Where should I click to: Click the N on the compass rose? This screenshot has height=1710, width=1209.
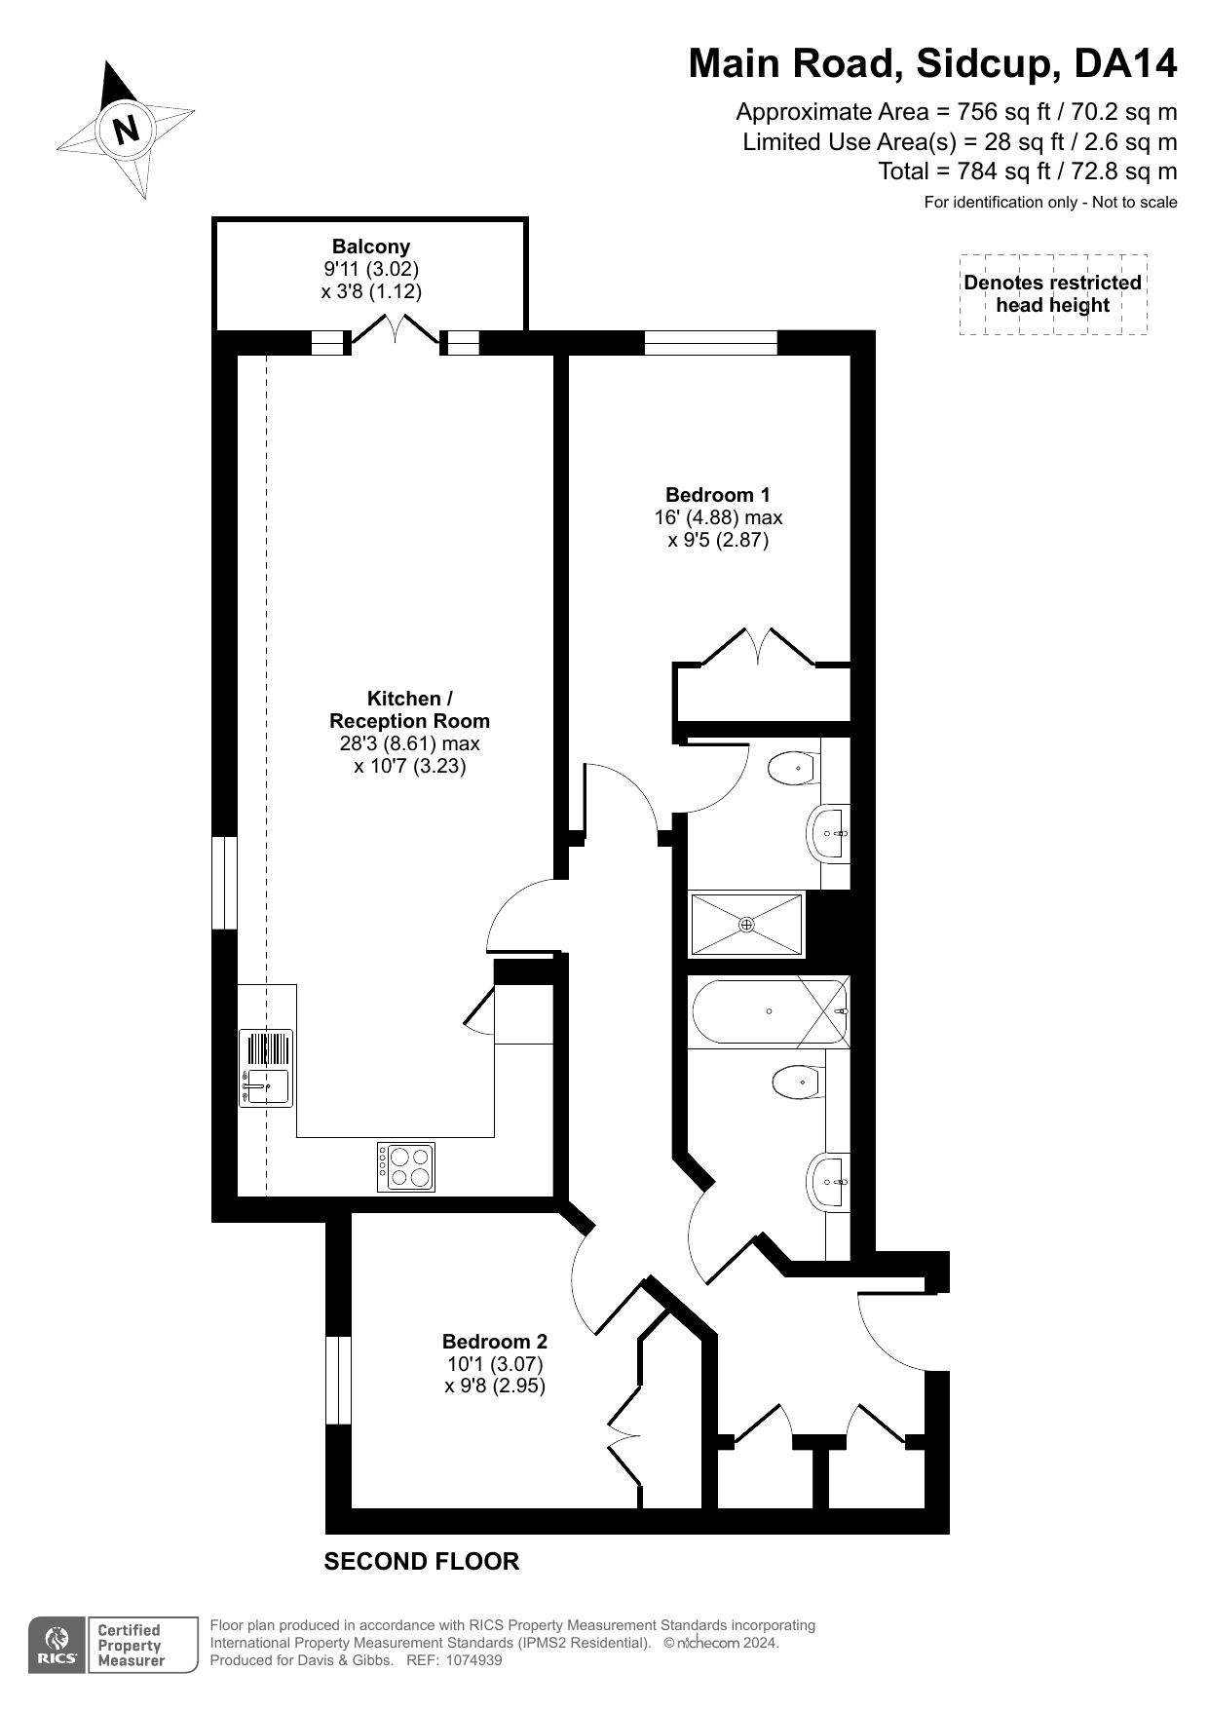[126, 130]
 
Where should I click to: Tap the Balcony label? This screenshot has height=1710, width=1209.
[371, 247]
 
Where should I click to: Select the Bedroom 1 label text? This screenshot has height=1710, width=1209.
[718, 495]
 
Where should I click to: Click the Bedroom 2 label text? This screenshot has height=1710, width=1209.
[495, 1342]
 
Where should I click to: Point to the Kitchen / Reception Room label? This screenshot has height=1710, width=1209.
[410, 710]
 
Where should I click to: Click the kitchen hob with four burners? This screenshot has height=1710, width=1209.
[406, 1166]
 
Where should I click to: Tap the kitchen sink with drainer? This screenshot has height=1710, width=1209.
[266, 1069]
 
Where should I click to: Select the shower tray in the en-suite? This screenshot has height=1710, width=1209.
[747, 924]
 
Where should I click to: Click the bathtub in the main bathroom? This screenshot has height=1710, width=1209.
[769, 1012]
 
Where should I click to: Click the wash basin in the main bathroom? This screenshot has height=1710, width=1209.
[829, 1182]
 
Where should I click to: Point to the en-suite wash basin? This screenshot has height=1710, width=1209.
[829, 834]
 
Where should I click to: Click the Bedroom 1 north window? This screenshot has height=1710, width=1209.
[711, 343]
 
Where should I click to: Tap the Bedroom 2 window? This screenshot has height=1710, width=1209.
[338, 1380]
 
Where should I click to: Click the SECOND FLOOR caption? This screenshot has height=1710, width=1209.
[422, 1562]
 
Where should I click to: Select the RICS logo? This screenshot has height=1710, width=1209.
[57, 1646]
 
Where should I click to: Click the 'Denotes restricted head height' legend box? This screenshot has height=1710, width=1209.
[1053, 294]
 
